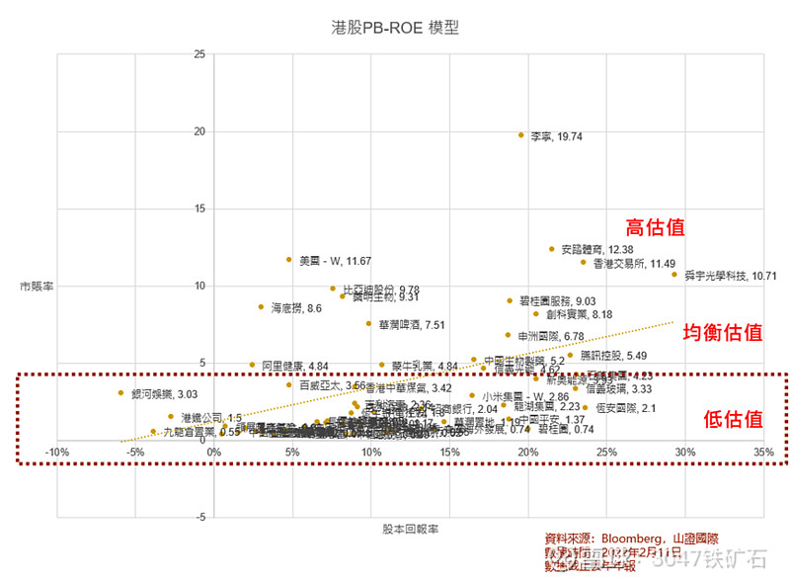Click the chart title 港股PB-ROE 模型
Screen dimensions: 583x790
pyautogui.click(x=395, y=28)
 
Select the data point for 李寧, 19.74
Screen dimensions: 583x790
pyautogui.click(x=521, y=134)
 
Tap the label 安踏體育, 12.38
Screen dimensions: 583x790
pyautogui.click(x=596, y=250)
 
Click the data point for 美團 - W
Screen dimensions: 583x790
pyautogui.click(x=289, y=260)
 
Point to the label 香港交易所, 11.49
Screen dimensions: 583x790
pyautogui.click(x=633, y=264)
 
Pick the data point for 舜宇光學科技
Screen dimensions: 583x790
pyautogui.click(x=674, y=275)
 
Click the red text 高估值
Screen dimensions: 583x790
pyautogui.click(x=655, y=226)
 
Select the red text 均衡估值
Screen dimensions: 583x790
pyautogui.click(x=723, y=333)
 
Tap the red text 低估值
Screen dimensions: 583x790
pyautogui.click(x=733, y=419)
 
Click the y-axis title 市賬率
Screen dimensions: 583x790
pyautogui.click(x=36, y=286)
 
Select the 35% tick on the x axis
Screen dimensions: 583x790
pyautogui.click(x=762, y=454)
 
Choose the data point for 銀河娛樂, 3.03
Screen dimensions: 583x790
pyautogui.click(x=120, y=392)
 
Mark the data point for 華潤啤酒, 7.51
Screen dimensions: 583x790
pyautogui.click(x=368, y=323)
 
